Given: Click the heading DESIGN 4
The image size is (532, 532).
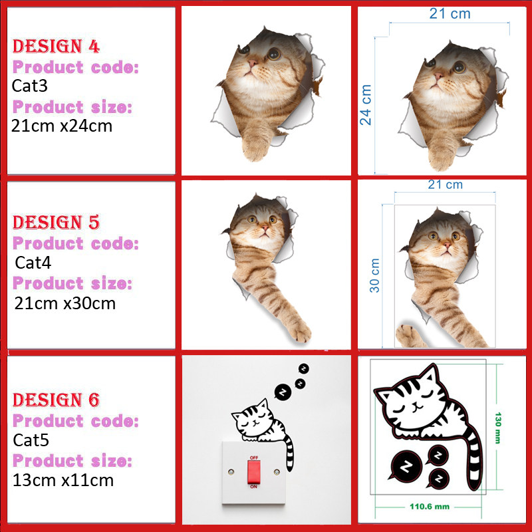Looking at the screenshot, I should [x=57, y=47].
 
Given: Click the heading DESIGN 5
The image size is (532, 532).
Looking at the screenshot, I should [x=57, y=222].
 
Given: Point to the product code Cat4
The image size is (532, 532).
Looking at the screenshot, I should [x=33, y=262].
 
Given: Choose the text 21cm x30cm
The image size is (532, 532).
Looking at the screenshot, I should [x=65, y=303].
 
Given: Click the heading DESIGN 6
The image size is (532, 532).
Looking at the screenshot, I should [x=57, y=400].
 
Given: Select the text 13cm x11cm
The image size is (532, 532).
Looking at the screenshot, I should [x=63, y=479].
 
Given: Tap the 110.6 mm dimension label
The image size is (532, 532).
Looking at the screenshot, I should [x=428, y=507].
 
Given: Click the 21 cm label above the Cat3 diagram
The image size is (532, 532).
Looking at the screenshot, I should [x=450, y=13].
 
